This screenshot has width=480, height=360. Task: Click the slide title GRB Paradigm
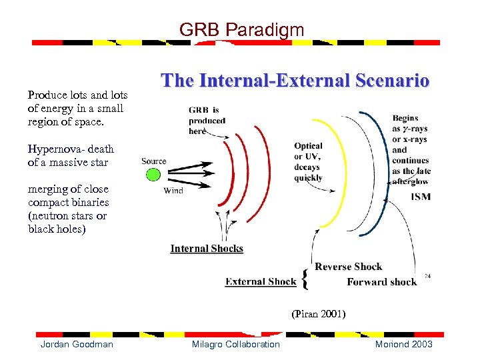pyautogui.click(x=241, y=29)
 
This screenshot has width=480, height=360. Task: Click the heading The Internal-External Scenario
pyautogui.click(x=295, y=81)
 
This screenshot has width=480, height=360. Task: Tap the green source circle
pyautogui.click(x=153, y=175)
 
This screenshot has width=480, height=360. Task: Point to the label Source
pyautogui.click(x=153, y=161)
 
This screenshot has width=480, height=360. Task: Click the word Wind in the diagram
pyautogui.click(x=173, y=190)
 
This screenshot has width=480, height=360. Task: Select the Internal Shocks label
pyautogui.click(x=207, y=249)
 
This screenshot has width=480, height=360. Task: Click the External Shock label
pyautogui.click(x=261, y=281)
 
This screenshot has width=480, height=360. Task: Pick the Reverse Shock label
pyautogui.click(x=348, y=267)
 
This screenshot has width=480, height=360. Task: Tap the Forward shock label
pyautogui.click(x=381, y=282)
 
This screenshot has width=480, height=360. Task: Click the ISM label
pyautogui.click(x=420, y=197)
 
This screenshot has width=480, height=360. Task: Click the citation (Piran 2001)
pyautogui.click(x=318, y=313)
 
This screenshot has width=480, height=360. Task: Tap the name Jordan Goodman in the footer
pyautogui.click(x=77, y=344)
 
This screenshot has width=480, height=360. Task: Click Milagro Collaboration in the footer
pyautogui.click(x=235, y=344)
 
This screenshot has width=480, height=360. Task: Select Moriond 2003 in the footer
pyautogui.click(x=403, y=344)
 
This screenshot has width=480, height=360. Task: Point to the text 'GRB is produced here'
pyautogui.click(x=207, y=121)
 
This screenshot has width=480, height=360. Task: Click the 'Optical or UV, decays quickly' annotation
pyautogui.click(x=308, y=161)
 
